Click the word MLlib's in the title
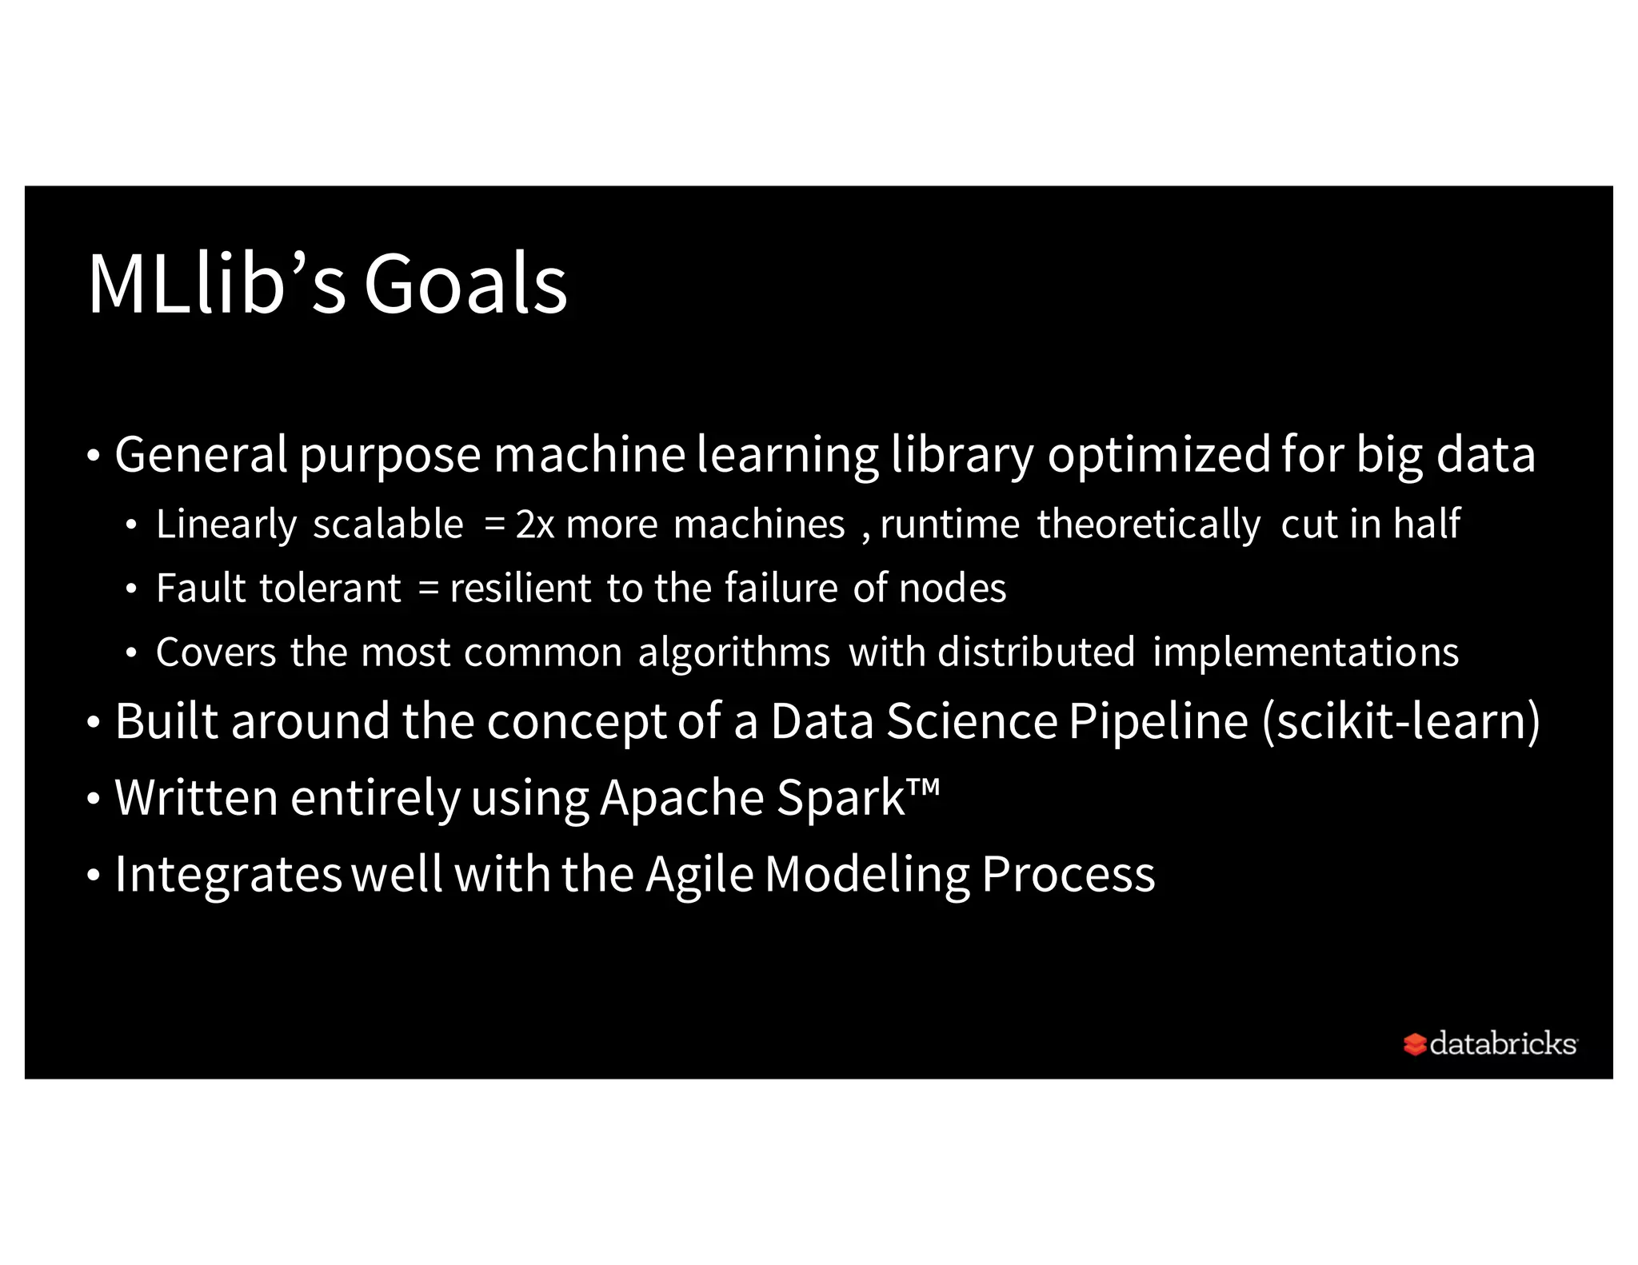(216, 284)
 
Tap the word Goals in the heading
(465, 284)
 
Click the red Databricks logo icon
(1414, 1044)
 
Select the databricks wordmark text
(1502, 1044)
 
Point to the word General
(201, 454)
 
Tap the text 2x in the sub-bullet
(534, 525)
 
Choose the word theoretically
(1149, 525)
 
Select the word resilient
(521, 589)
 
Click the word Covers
(216, 652)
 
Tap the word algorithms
(733, 652)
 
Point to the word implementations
(1305, 652)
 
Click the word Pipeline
(1158, 721)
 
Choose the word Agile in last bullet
(699, 874)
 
